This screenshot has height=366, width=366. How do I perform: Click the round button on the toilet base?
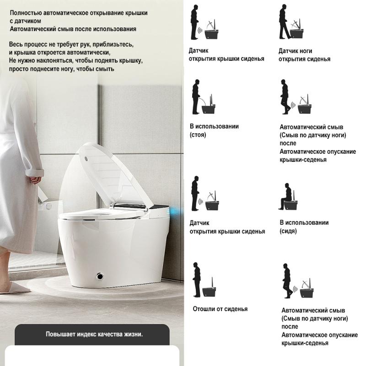pos(100,276)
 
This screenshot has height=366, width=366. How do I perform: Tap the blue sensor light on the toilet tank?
pos(175,212)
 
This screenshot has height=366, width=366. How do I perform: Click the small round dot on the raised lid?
pos(86,159)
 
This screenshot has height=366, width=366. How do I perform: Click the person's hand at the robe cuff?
pos(36,180)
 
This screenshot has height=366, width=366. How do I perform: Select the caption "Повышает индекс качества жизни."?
pos(94,334)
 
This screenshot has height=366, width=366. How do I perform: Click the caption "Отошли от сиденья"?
pos(220,309)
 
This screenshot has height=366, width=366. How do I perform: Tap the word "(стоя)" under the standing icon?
pos(198,135)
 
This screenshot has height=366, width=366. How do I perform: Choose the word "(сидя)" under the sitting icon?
pos(288,231)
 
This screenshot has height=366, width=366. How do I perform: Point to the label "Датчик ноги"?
pos(295,51)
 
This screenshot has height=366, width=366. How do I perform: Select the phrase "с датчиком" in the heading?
pos(26,21)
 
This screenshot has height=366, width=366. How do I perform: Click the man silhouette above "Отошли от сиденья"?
pos(197,280)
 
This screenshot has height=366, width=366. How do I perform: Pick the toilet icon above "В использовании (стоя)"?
pos(209,105)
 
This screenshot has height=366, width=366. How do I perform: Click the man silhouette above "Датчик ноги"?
pos(285,22)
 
